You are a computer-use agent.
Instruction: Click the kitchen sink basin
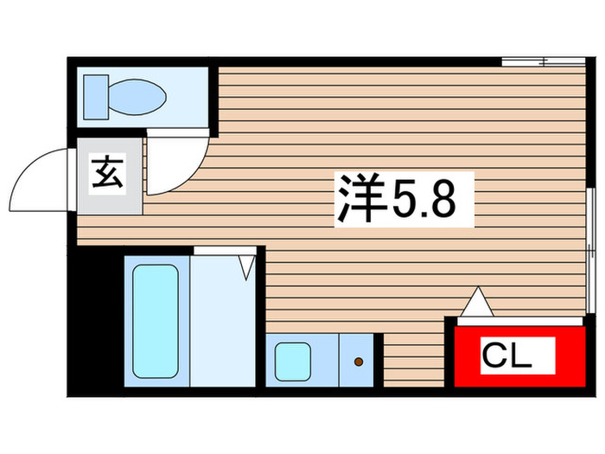tap(294, 360)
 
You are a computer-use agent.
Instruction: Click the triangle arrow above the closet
tap(476, 302)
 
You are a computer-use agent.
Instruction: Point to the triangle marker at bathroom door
tap(247, 264)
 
